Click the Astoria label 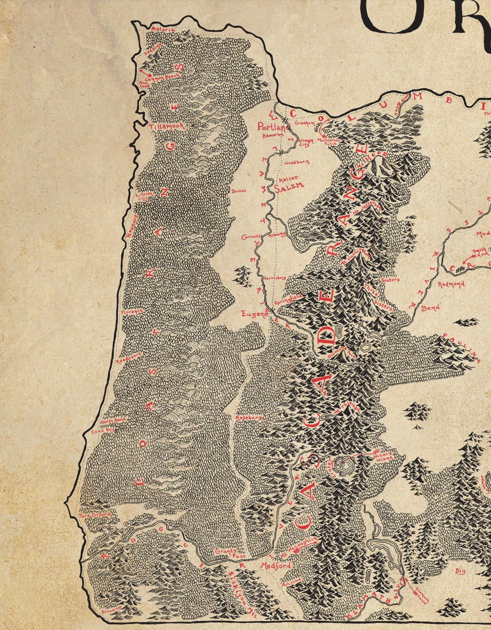click(x=163, y=29)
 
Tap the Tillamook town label click(x=166, y=126)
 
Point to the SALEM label click(x=288, y=187)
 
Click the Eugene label click(x=255, y=314)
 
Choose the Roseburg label click(x=248, y=418)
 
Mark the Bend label click(x=431, y=308)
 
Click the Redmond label click(x=451, y=284)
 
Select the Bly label click(x=460, y=571)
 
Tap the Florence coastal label click(x=132, y=311)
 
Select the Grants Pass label click(x=226, y=553)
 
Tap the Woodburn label click(x=296, y=163)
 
